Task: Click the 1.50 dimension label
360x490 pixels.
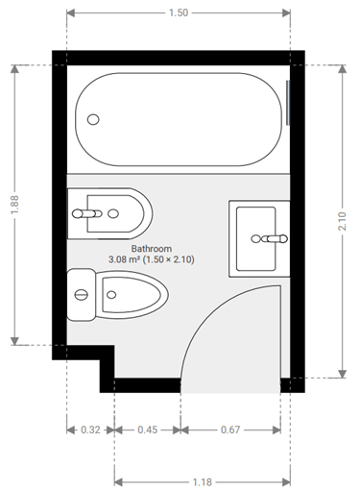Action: click(x=179, y=12)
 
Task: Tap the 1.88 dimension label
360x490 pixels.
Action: click(x=14, y=205)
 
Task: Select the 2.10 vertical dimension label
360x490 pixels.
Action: click(x=342, y=221)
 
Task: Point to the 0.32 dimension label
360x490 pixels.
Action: click(x=90, y=429)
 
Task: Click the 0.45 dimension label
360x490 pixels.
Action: click(x=148, y=429)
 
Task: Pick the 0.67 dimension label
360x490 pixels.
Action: click(x=230, y=429)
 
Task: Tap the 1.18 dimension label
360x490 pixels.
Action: click(x=203, y=481)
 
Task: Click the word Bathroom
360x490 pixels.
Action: click(x=152, y=249)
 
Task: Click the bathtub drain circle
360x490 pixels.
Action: click(x=93, y=119)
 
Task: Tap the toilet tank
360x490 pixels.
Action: click(x=82, y=295)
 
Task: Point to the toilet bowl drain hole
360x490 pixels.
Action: click(x=111, y=295)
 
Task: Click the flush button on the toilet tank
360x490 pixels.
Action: click(x=81, y=295)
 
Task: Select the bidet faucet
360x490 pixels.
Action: click(x=87, y=213)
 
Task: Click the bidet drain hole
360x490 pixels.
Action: click(x=113, y=213)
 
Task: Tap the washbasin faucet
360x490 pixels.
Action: click(x=270, y=238)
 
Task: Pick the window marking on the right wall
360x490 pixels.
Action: click(x=288, y=103)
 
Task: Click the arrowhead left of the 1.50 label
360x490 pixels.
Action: click(x=71, y=12)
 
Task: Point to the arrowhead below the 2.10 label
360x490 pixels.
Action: click(x=342, y=374)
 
